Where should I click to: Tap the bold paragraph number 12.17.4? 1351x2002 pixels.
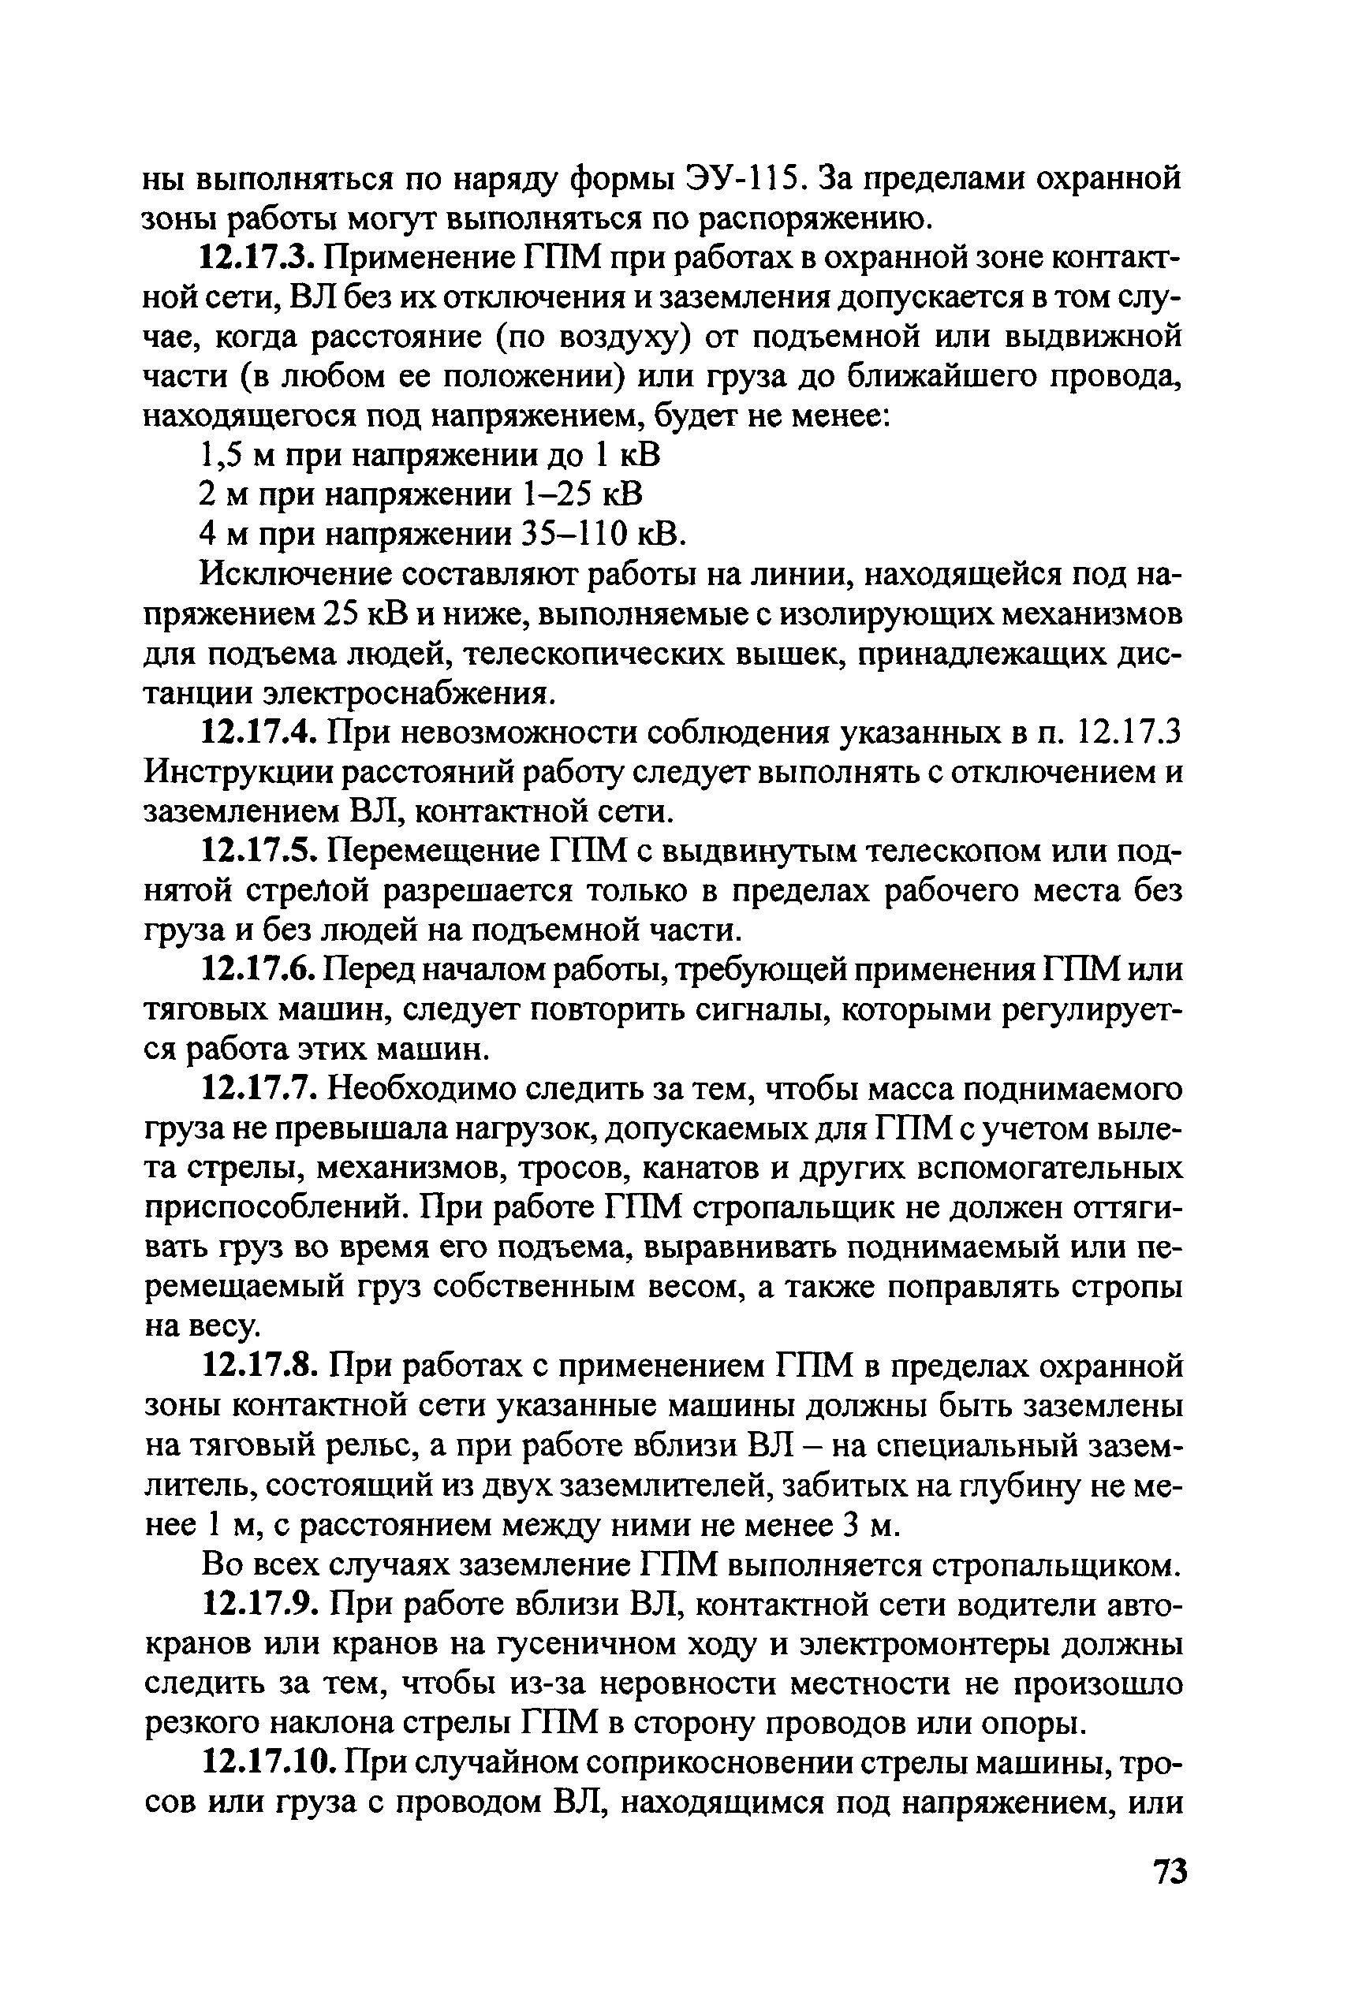[261, 733]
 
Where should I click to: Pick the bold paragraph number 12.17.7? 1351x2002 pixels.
[261, 1090]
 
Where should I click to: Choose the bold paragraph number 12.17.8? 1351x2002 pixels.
[261, 1366]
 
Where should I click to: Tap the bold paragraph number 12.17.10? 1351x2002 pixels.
[269, 1764]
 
